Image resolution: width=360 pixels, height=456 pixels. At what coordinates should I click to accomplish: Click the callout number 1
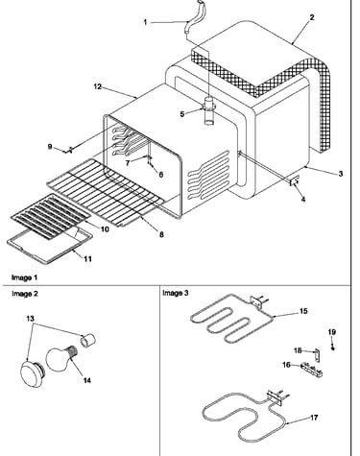tap(145, 22)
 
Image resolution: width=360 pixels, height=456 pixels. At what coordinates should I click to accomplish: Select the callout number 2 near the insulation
tap(312, 17)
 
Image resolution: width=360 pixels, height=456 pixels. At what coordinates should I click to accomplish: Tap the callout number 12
tap(98, 86)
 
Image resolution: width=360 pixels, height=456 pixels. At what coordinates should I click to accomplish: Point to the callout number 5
tap(182, 114)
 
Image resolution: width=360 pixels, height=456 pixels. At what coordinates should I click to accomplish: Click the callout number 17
tap(314, 418)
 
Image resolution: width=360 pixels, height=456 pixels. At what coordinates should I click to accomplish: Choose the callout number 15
tap(303, 311)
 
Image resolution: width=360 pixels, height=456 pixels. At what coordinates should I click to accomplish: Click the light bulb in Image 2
tap(62, 359)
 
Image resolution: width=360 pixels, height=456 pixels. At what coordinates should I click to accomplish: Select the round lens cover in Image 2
tap(33, 372)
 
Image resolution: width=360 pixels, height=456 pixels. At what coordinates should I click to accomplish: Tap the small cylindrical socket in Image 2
tap(87, 340)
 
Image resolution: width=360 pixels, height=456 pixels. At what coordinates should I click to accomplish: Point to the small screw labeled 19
tap(333, 348)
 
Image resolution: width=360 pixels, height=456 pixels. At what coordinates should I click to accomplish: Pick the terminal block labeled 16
tap(312, 369)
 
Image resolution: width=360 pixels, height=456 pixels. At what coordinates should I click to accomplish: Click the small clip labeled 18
tap(317, 354)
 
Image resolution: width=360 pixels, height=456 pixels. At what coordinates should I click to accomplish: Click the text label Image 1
tap(24, 277)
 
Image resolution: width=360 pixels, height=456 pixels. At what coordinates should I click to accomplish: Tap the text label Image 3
tap(176, 293)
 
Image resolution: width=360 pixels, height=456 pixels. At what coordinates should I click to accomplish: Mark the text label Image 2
tap(25, 294)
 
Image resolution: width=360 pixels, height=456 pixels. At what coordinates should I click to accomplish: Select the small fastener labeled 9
tap(69, 150)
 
